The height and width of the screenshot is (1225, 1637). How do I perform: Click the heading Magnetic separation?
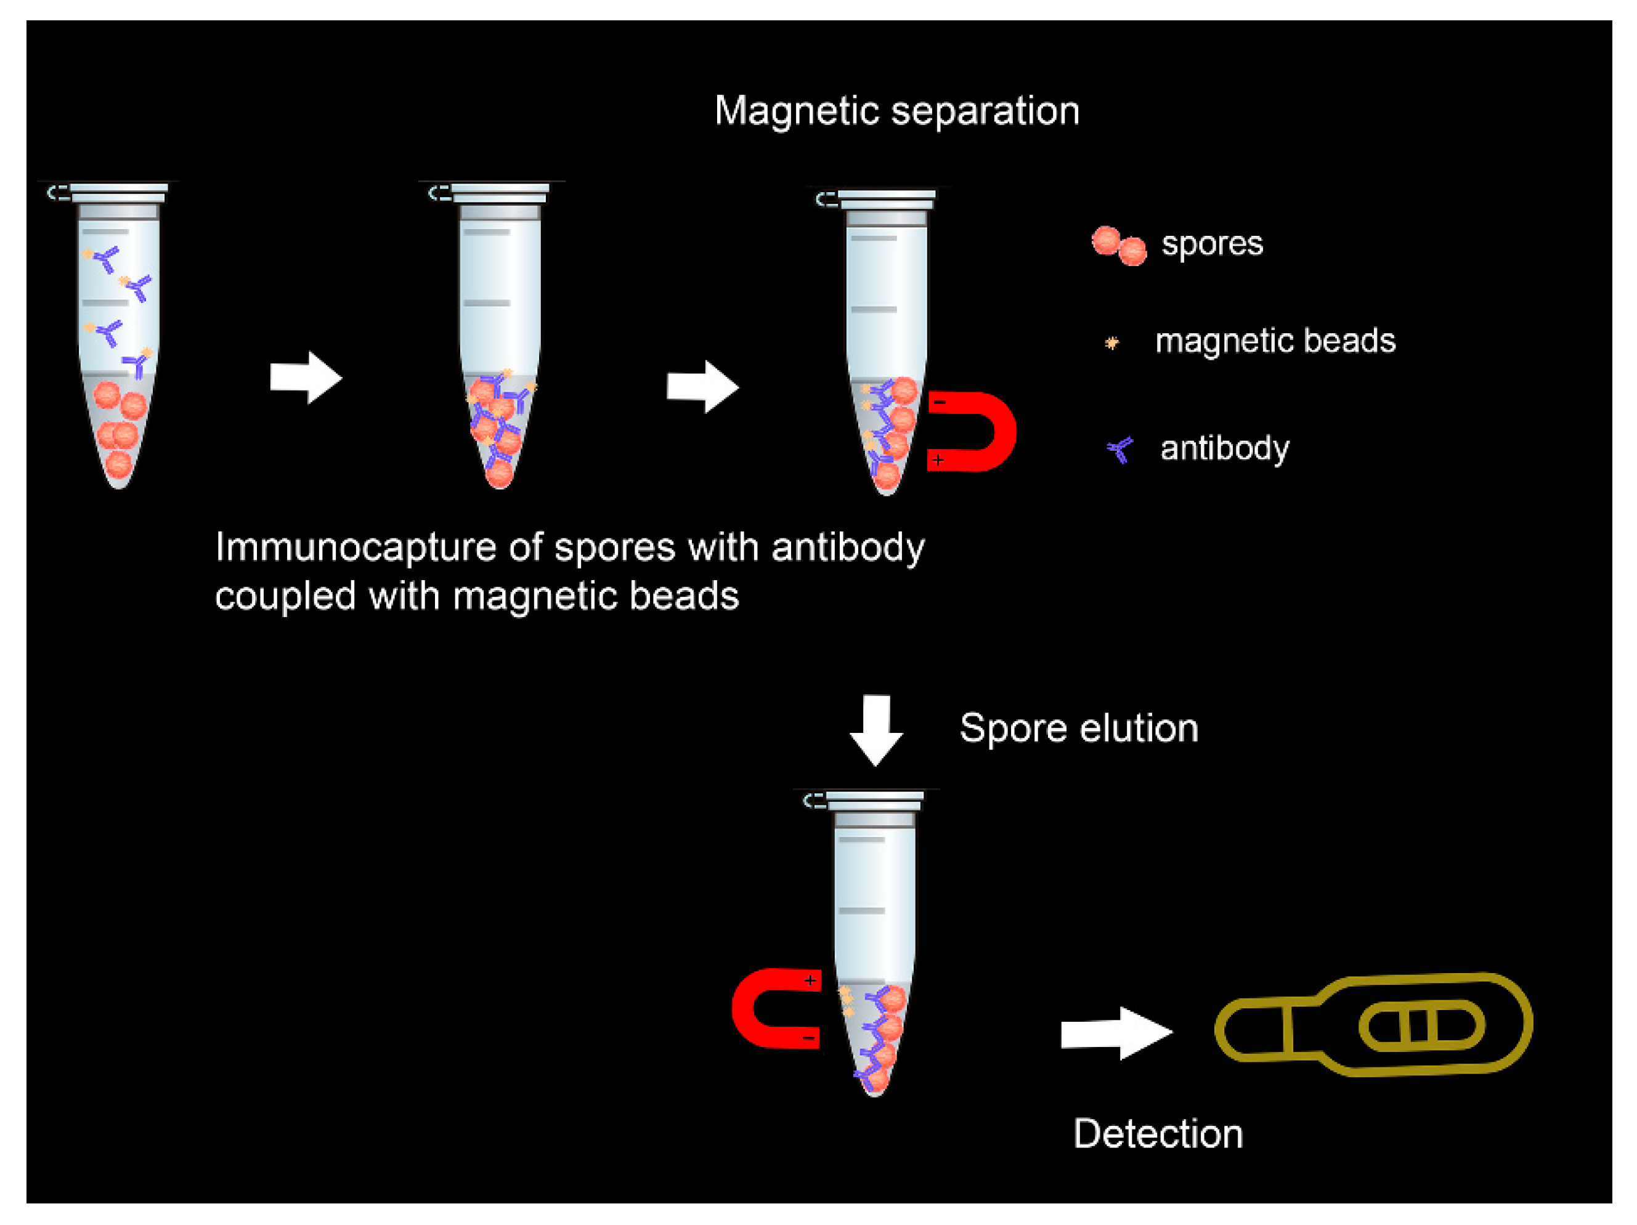point(896,111)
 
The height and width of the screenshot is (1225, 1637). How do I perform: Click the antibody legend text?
point(1224,448)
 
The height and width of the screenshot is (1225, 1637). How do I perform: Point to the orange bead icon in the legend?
point(1111,343)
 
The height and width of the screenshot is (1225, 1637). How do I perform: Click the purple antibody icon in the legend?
point(1119,449)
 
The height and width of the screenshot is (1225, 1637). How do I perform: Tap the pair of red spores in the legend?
point(1118,246)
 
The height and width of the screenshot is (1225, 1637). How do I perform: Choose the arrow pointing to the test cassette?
point(1116,1033)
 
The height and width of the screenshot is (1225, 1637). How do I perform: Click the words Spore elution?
point(1078,729)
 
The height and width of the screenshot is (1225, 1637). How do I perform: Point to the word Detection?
point(1158,1134)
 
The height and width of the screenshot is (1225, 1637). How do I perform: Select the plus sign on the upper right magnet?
point(938,461)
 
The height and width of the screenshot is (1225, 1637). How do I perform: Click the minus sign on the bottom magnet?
point(808,1038)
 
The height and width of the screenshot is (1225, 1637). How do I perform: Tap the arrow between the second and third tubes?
point(703,387)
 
